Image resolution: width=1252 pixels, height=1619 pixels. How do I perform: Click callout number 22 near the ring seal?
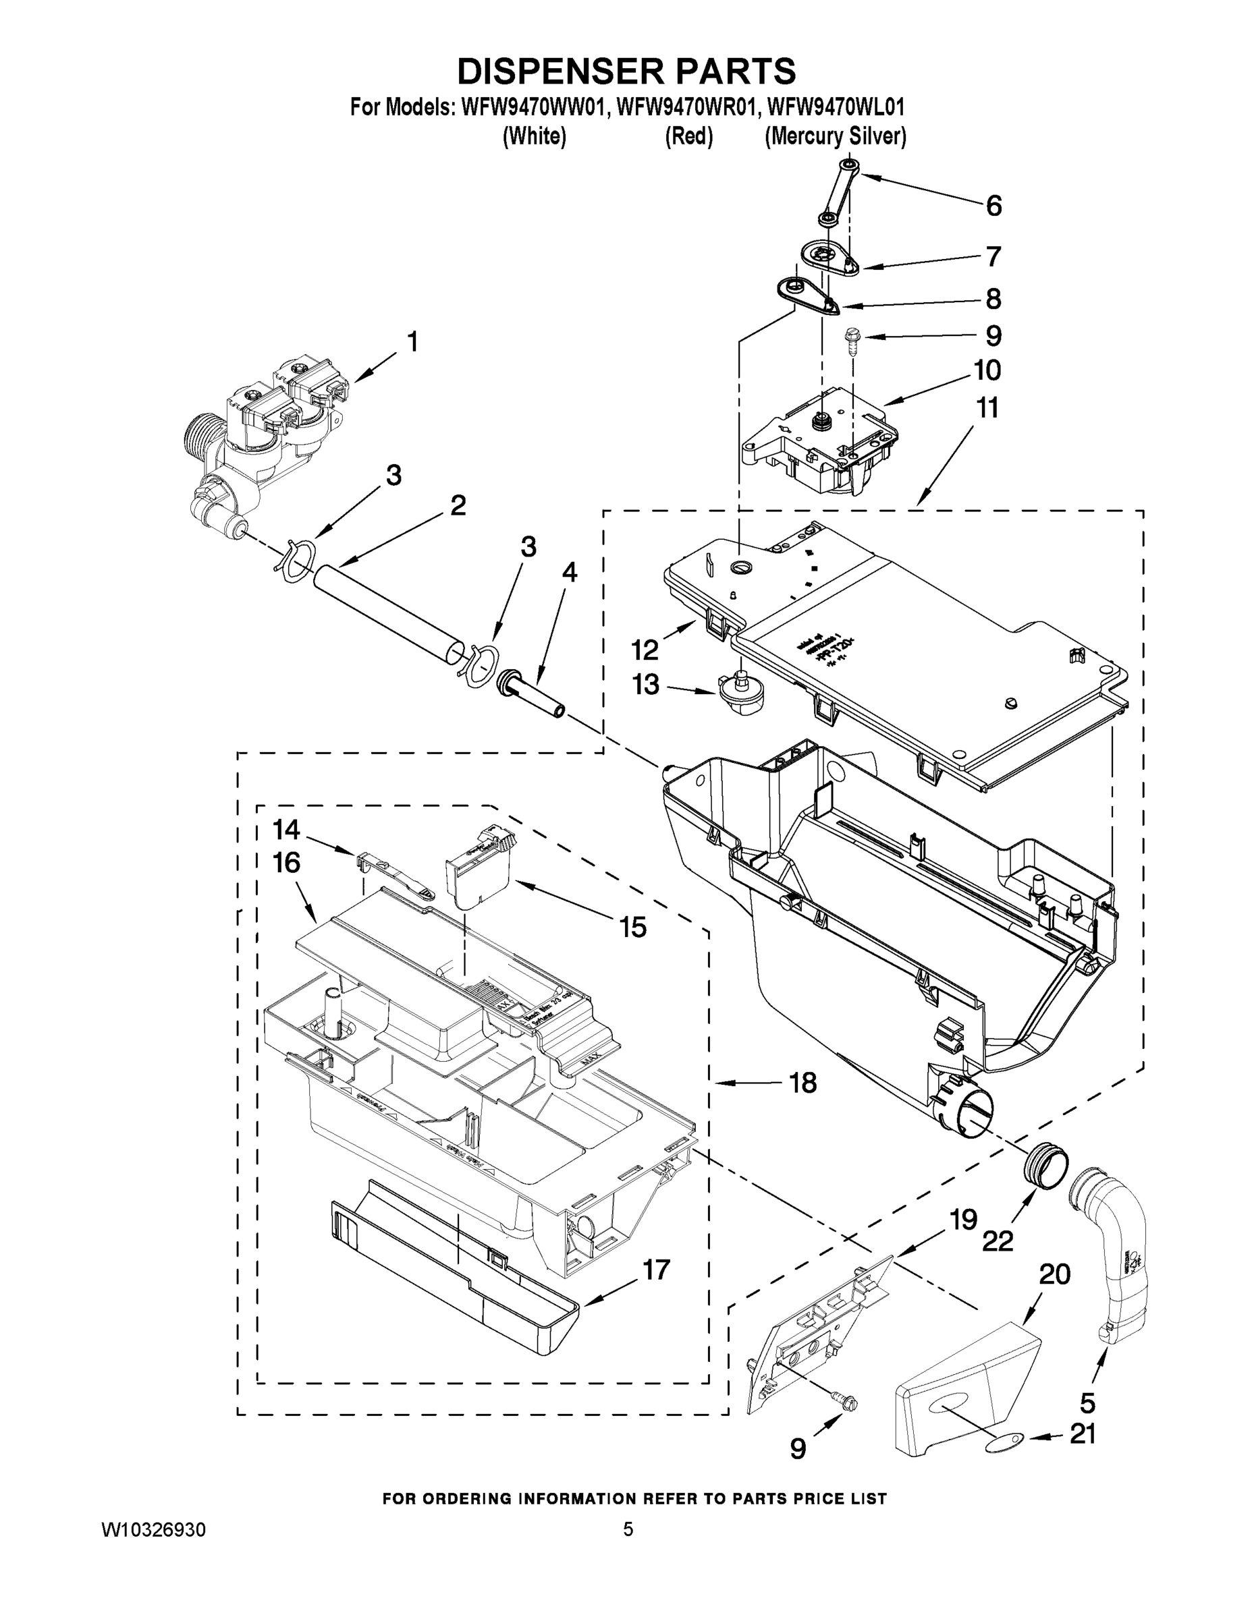(998, 1241)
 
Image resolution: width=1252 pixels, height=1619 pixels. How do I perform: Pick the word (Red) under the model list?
(688, 137)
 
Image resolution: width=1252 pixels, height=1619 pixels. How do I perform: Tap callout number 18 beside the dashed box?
(802, 1083)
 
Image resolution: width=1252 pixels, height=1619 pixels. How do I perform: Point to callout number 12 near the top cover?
(645, 651)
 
